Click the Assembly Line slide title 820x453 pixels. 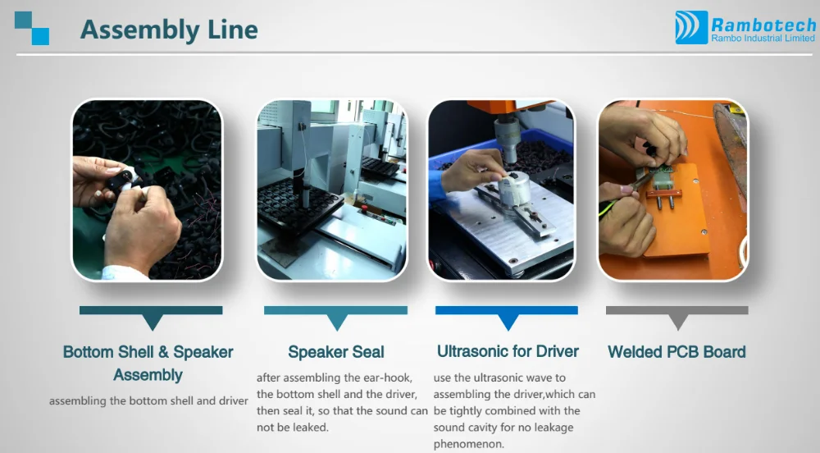[169, 30]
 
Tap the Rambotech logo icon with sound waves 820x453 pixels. [691, 27]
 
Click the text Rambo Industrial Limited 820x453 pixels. [763, 39]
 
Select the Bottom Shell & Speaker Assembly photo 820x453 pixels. [147, 190]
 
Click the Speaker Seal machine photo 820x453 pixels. [331, 190]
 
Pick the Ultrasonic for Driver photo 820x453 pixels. [501, 190]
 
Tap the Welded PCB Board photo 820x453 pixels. [673, 190]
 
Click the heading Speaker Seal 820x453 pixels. [336, 352]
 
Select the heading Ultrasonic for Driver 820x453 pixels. [508, 351]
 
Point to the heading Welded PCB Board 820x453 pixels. [676, 352]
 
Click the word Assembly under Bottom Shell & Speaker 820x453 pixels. [148, 375]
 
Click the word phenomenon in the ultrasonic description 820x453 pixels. [468, 445]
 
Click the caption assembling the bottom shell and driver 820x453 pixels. [148, 401]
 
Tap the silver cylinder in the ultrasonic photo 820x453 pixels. [513, 190]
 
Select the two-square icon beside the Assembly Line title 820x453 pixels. [32, 28]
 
